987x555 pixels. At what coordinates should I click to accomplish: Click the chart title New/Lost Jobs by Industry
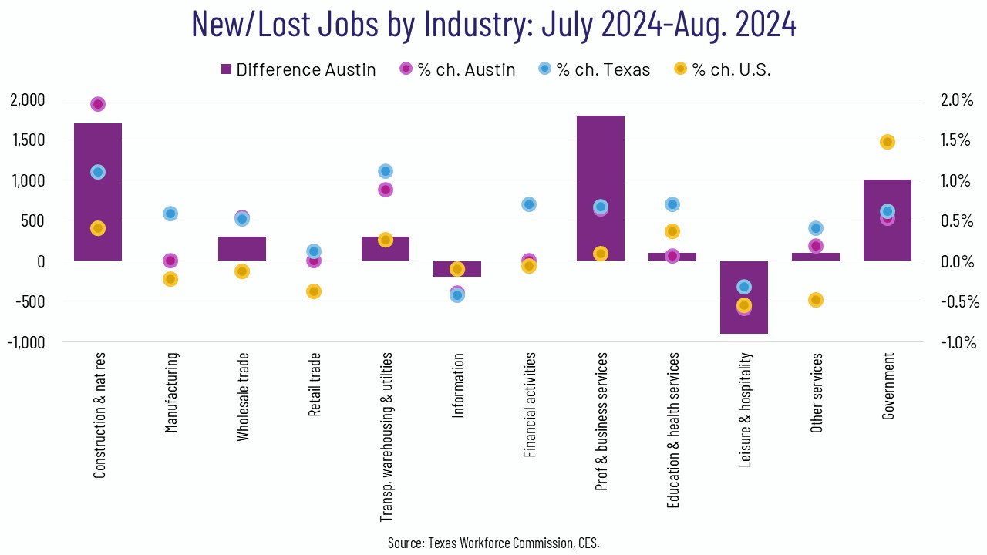pos(493,25)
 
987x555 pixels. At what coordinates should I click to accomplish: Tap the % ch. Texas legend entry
pos(594,69)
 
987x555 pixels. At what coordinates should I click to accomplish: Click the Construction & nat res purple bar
pos(98,192)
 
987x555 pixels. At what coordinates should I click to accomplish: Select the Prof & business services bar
pos(601,188)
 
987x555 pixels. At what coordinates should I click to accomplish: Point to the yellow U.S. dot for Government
pos(888,142)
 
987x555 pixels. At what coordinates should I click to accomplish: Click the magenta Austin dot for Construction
pos(98,104)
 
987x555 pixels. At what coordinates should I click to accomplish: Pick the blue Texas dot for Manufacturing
pos(170,214)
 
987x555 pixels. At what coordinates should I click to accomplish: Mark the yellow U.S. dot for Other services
pos(816,300)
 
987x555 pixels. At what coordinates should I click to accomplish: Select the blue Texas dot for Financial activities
pos(529,204)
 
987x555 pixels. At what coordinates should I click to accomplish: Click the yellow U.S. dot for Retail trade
pos(314,291)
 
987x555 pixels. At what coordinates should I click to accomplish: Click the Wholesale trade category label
pos(243,397)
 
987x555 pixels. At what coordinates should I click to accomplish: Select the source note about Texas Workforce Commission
pos(493,543)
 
